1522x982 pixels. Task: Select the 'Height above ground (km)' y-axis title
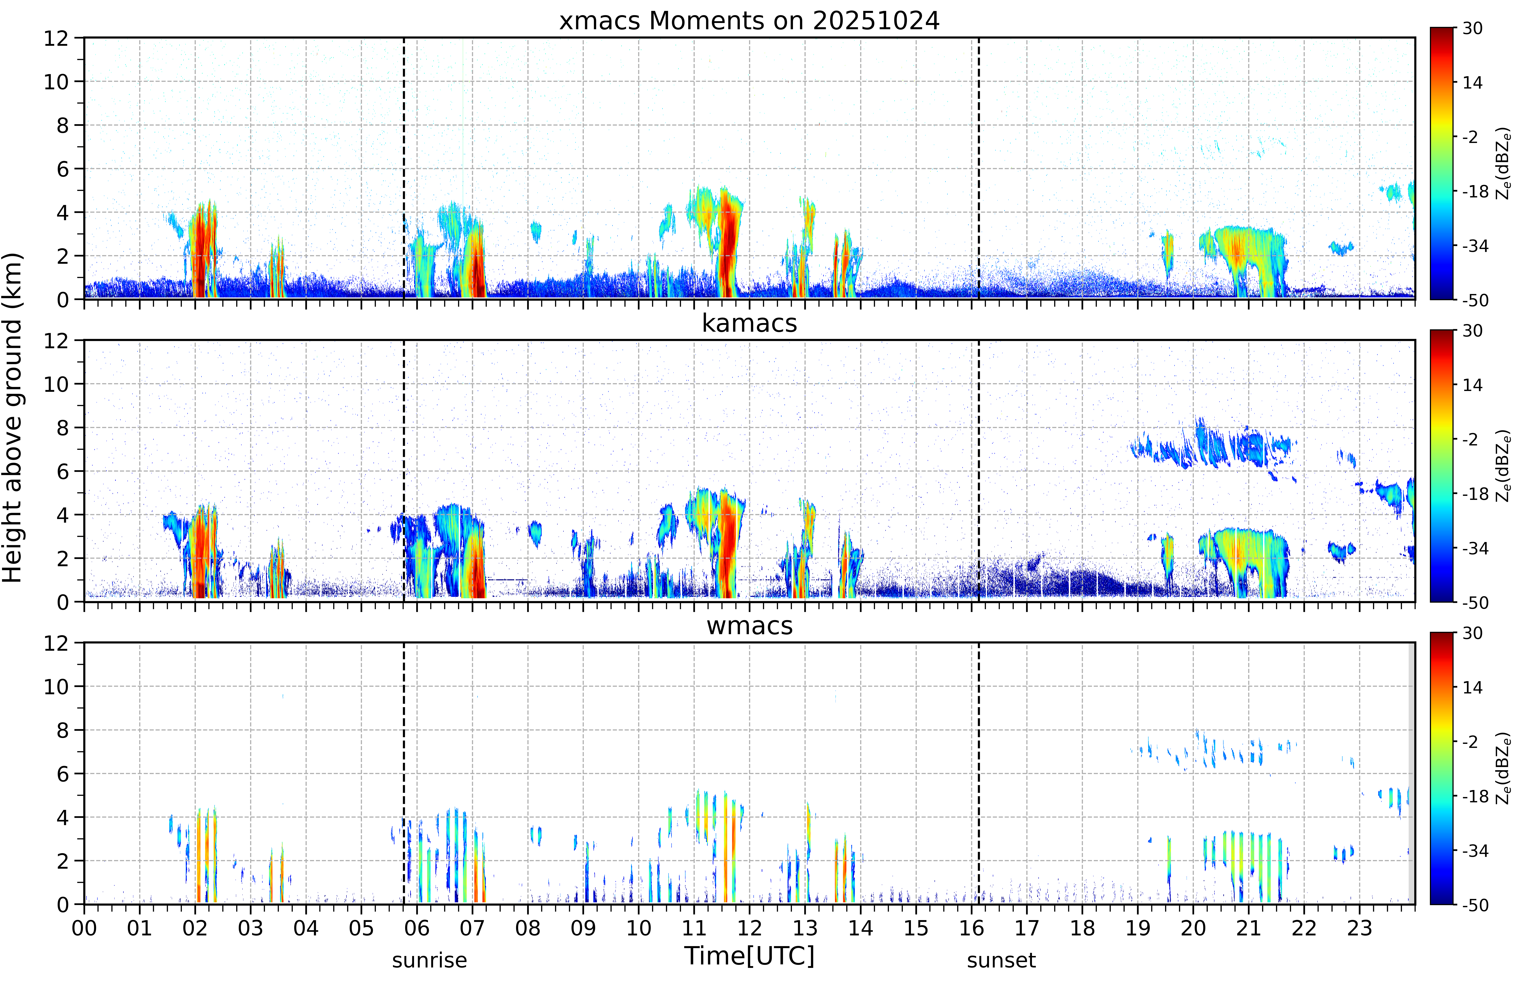pyautogui.click(x=12, y=418)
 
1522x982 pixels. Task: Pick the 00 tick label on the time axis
pyautogui.click(x=84, y=928)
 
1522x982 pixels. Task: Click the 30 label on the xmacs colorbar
pyautogui.click(x=1472, y=28)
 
